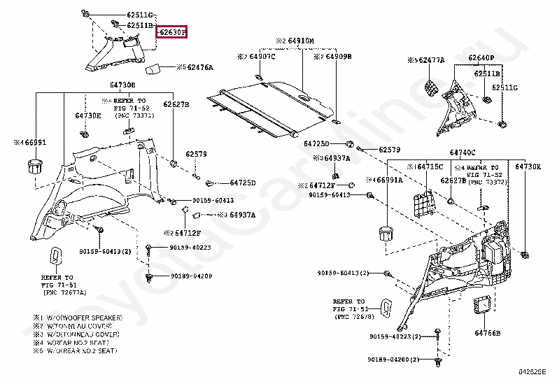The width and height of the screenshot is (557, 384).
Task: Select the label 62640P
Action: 481,57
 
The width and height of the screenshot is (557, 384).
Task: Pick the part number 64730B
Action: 122,85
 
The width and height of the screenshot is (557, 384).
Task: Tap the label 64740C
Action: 463,152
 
